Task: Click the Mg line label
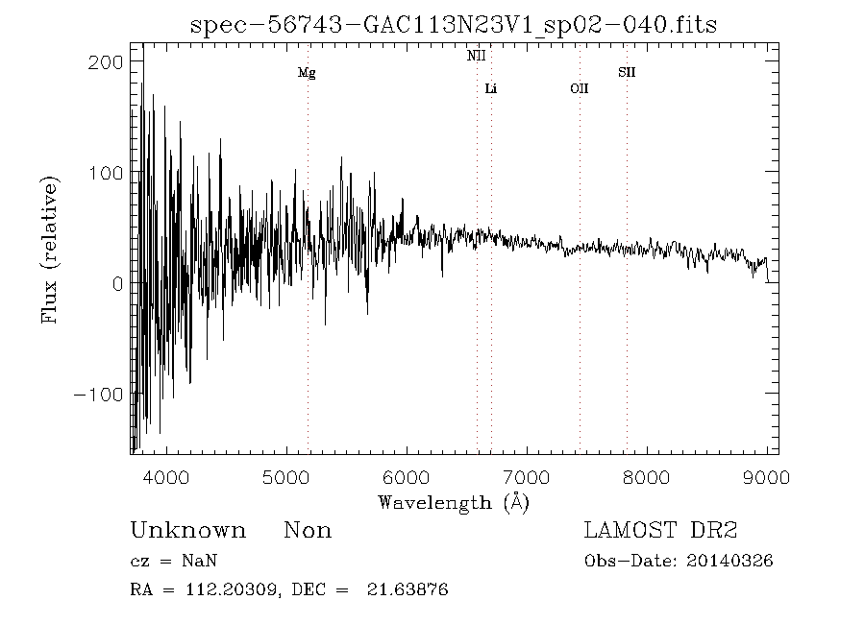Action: click(x=307, y=73)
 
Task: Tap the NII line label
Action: click(x=477, y=57)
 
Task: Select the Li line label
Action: click(x=491, y=89)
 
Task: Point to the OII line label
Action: click(x=579, y=89)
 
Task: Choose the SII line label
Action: click(x=627, y=73)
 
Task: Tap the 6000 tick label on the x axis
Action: click(x=407, y=477)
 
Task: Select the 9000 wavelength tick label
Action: click(x=766, y=477)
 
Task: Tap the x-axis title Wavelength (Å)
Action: click(x=454, y=501)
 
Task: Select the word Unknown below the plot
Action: click(x=187, y=531)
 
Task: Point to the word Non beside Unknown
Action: click(x=308, y=531)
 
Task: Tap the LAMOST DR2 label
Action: click(x=660, y=531)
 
